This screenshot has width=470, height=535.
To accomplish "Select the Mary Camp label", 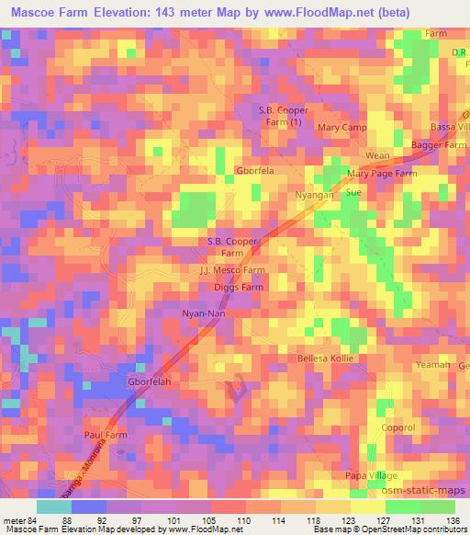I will point(342,128).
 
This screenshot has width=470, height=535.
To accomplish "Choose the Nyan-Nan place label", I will point(203,313).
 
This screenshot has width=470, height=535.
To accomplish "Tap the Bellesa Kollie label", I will point(325,358).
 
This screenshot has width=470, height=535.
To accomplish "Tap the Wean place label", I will point(378,156).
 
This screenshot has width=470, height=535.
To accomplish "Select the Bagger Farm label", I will point(443,145).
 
